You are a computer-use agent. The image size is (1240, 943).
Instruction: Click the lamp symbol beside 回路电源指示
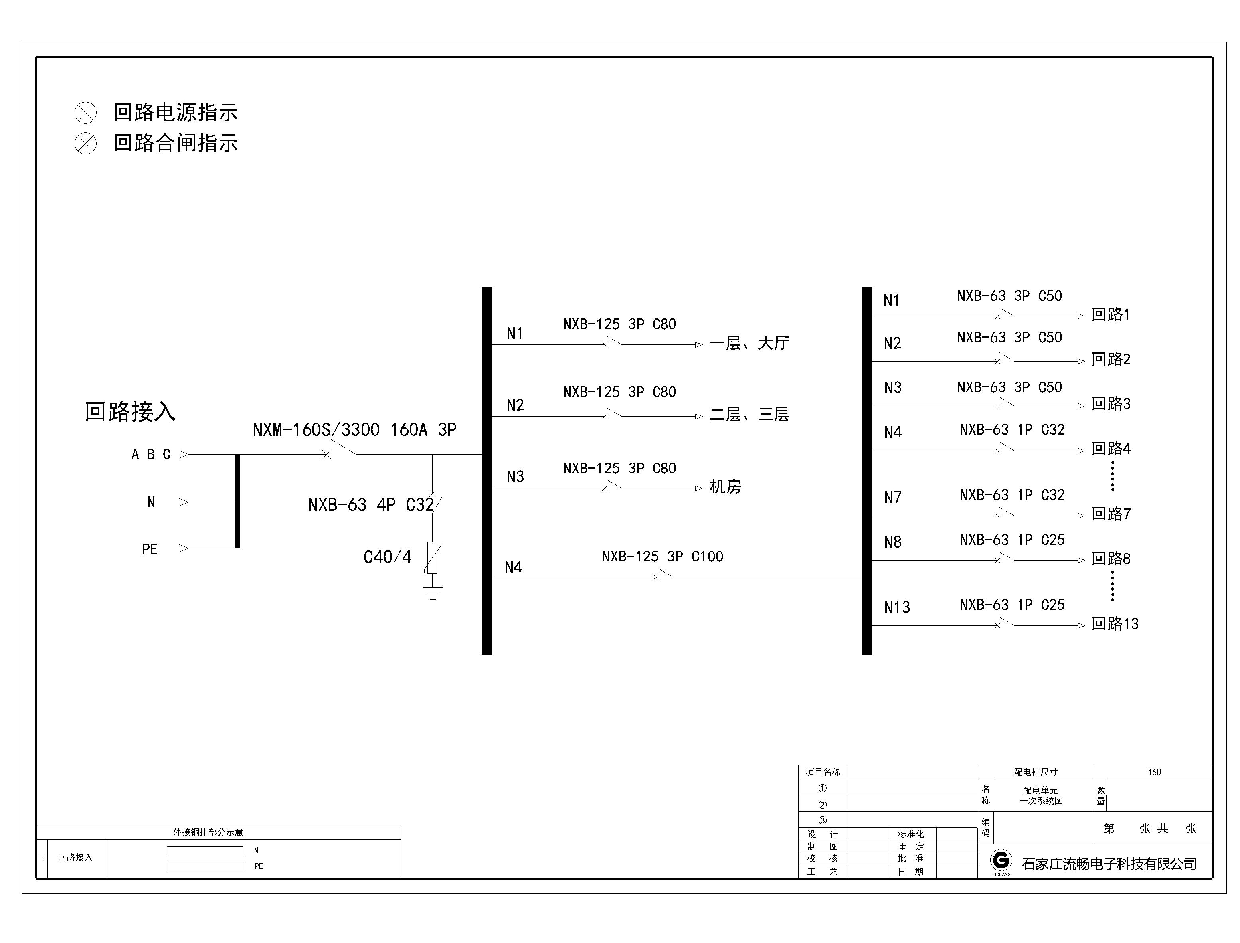pos(85,113)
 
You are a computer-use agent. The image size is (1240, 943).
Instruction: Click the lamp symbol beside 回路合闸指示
pos(85,143)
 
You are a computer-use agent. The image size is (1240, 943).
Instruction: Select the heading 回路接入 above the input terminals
pos(130,411)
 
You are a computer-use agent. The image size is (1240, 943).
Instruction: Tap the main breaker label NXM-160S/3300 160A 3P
pos(354,430)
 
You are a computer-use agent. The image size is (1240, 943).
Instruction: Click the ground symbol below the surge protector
pos(432,593)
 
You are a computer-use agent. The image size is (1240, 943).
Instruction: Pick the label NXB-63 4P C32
pos(371,504)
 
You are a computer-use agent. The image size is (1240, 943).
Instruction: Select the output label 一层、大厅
pos(750,342)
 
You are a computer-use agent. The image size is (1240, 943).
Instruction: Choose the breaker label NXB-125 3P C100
pos(663,556)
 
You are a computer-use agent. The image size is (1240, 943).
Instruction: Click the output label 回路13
pos(1115,624)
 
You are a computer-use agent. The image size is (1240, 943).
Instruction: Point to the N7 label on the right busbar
pos(892,497)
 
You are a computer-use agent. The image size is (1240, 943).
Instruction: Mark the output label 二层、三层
pos(750,414)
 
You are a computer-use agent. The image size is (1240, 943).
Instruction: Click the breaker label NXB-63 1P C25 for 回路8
pos(1012,540)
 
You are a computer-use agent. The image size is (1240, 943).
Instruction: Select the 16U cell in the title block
pos(1154,772)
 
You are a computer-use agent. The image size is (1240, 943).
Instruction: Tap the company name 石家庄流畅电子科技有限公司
pos(1109,864)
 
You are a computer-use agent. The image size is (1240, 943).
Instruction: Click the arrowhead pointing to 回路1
pos(1081,316)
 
